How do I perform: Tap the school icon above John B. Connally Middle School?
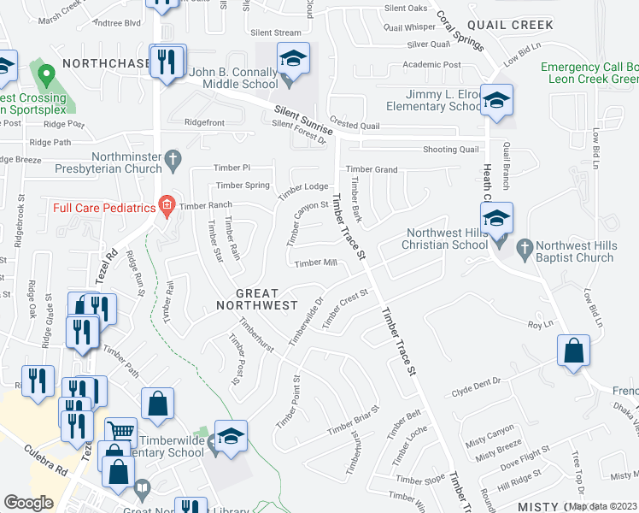tap(293, 59)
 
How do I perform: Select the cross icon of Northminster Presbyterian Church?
tap(172, 158)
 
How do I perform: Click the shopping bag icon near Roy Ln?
tap(573, 351)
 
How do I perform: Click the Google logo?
tap(28, 503)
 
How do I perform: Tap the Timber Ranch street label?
tap(206, 206)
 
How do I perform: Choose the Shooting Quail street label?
tap(451, 150)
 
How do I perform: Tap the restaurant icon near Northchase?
tap(165, 62)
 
